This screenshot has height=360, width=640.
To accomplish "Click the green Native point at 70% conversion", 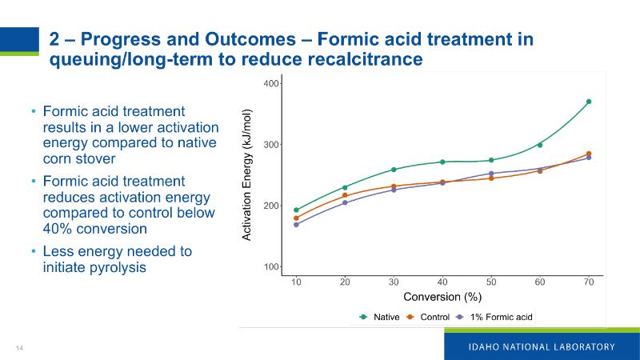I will [589, 102].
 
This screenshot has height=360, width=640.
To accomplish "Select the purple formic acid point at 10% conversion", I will [296, 225].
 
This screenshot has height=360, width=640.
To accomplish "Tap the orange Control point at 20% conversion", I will [345, 195].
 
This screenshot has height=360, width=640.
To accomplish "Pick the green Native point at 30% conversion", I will [394, 170].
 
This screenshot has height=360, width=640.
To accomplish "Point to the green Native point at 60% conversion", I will [540, 145].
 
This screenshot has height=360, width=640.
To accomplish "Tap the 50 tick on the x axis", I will [491, 282].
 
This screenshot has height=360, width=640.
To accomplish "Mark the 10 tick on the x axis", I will [296, 282].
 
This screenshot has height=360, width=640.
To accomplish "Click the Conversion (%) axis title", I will [442, 298].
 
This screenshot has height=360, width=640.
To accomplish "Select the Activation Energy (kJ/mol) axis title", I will [247, 174].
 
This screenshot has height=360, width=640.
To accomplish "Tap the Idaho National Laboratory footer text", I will [541, 346].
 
